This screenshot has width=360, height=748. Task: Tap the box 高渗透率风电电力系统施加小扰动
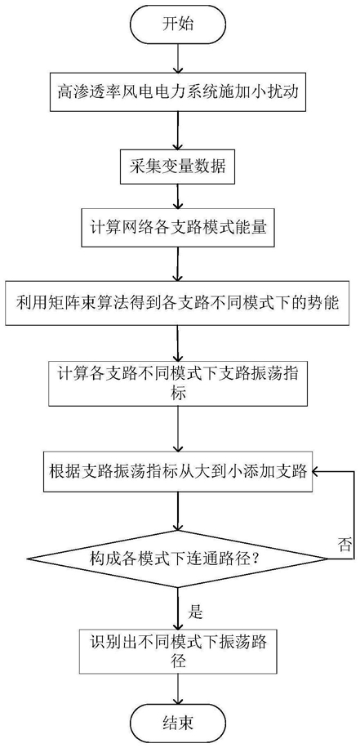point(178,92)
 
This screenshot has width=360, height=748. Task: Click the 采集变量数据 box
point(178,168)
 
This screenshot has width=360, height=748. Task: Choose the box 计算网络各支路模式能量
point(178,228)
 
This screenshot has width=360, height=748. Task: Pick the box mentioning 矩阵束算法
point(178,303)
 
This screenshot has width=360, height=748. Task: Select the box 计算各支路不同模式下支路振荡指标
point(178,383)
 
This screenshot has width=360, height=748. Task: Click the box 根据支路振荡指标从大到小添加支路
point(178,472)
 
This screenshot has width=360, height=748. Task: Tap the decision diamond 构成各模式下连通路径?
point(178,557)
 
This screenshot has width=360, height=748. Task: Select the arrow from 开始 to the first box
point(178,58)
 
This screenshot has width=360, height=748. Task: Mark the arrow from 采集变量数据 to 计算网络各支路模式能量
point(178,197)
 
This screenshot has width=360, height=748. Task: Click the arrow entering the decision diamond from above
point(178,510)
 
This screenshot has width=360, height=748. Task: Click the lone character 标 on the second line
point(178,394)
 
